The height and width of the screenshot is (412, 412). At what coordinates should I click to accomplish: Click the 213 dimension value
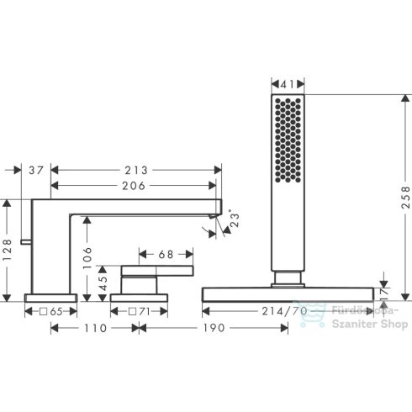click(136, 170)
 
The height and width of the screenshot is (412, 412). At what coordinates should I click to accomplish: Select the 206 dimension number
click(134, 186)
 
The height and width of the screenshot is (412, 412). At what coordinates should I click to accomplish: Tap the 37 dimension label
click(36, 170)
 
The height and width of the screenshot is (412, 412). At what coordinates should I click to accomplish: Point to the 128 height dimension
click(7, 250)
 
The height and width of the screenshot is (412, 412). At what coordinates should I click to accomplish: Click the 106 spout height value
click(87, 257)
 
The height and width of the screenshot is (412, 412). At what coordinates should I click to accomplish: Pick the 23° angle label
click(235, 219)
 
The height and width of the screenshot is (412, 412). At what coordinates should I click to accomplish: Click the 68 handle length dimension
click(166, 255)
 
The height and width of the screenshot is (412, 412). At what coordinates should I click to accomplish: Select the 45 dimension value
click(103, 283)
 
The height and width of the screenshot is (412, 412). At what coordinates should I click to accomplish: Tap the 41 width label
click(288, 84)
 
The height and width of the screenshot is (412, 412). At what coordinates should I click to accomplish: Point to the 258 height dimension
click(405, 198)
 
